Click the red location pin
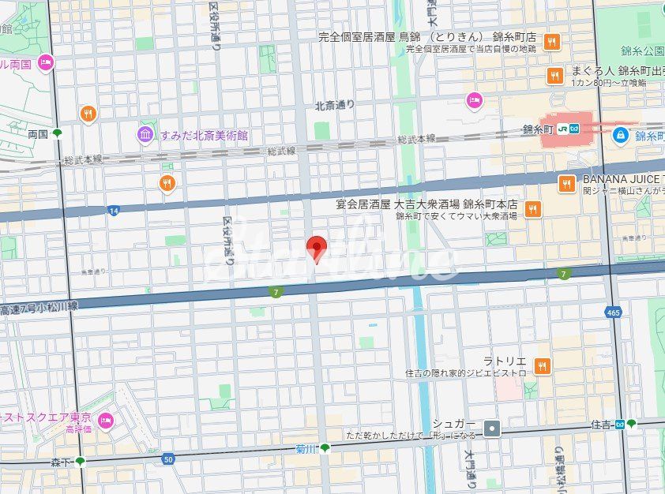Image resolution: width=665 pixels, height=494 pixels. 317,247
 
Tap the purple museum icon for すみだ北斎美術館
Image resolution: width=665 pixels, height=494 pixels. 145,135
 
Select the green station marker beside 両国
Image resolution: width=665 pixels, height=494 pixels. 57,133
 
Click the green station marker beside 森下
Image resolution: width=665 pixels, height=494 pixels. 80,461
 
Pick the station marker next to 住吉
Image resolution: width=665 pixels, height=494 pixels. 630,424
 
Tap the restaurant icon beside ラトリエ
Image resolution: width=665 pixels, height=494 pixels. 542,365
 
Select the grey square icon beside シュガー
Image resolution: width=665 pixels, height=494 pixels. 493,429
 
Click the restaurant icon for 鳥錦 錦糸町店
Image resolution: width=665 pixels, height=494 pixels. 551,42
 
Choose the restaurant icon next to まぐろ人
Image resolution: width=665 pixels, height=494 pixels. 554,76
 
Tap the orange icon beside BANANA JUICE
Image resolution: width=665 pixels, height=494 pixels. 565,184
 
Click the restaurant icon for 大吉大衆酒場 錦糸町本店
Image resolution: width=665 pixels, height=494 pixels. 533,208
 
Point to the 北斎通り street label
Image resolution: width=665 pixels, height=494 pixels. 335,104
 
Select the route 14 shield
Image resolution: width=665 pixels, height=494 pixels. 115,211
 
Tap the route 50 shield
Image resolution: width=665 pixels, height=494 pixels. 167,458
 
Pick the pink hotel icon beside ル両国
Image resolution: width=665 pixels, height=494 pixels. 46,61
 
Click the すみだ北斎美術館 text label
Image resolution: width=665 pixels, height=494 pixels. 204,135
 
